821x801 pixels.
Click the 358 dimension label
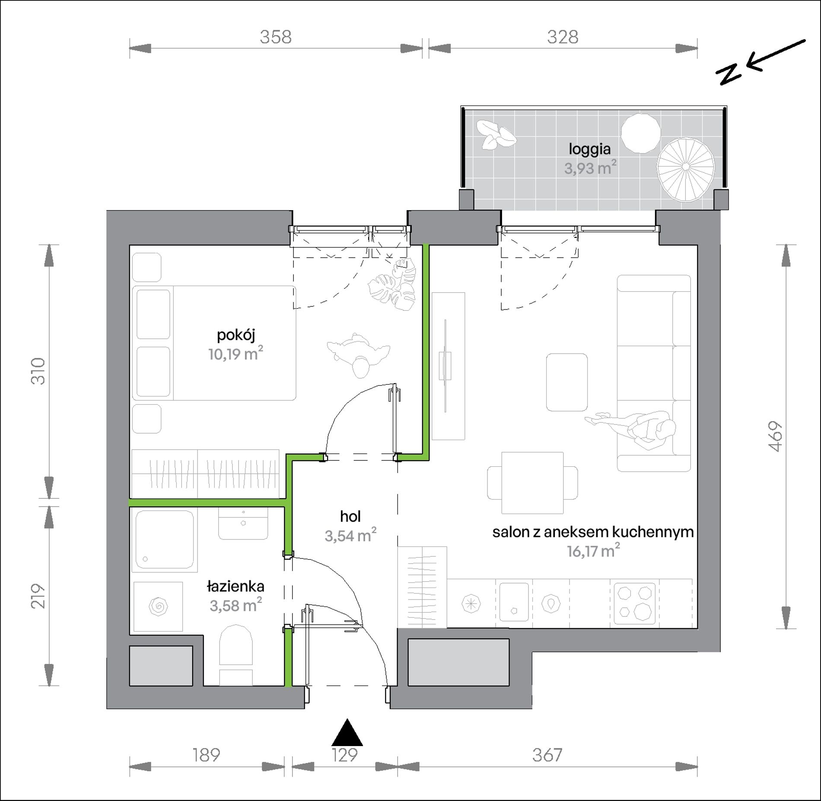276,37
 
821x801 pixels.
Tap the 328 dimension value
563,37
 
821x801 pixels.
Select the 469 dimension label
776,437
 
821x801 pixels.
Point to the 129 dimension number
345,755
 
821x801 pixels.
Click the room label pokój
236,335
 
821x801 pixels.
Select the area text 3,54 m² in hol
350,536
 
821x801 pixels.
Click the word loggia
589,150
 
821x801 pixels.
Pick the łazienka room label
235,587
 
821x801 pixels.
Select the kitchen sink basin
514,602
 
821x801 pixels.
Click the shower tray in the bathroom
165,540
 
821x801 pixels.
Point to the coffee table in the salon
567,382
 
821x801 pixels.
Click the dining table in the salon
532,482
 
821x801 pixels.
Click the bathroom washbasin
243,523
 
